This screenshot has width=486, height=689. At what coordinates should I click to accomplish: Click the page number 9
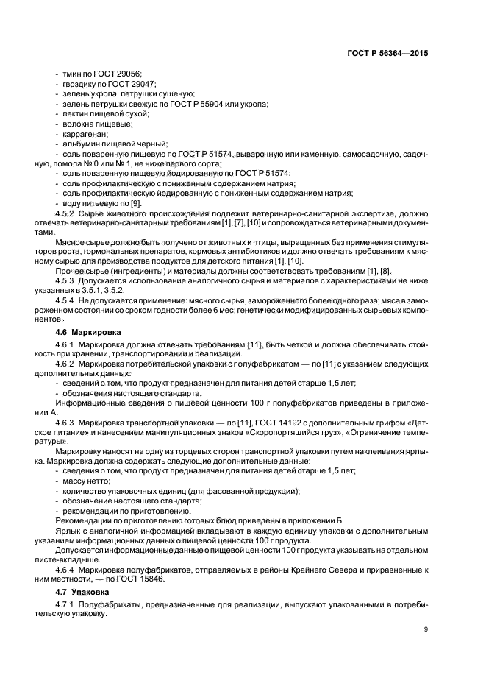[x=426, y=629]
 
